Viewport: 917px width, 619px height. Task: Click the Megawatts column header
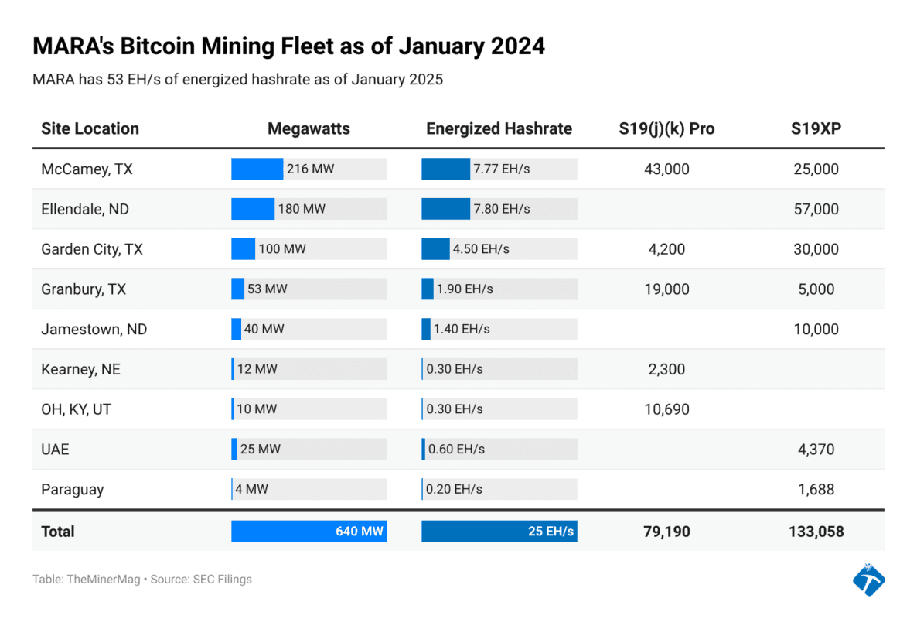pos(309,128)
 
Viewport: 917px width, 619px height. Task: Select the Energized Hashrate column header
pos(499,128)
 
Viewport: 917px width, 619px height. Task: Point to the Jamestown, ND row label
pos(93,329)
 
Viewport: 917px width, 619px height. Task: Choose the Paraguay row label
pos(72,489)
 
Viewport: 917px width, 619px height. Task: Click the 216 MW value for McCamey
pos(310,169)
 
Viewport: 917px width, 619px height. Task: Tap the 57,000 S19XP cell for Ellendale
pos(816,209)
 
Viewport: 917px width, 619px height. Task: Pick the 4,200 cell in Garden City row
pos(666,249)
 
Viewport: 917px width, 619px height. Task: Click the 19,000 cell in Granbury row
pos(666,289)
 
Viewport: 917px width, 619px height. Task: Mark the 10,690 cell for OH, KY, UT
pos(666,409)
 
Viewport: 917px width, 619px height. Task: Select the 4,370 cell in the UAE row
pos(816,450)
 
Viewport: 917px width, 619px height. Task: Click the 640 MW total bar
pos(309,532)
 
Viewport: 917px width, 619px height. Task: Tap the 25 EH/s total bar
pos(499,532)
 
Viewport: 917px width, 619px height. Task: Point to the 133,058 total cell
pos(816,532)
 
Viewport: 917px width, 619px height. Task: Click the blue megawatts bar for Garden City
pos(243,249)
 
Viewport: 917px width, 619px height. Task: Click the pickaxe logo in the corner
pos(868,580)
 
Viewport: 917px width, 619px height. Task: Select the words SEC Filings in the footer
pos(223,579)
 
